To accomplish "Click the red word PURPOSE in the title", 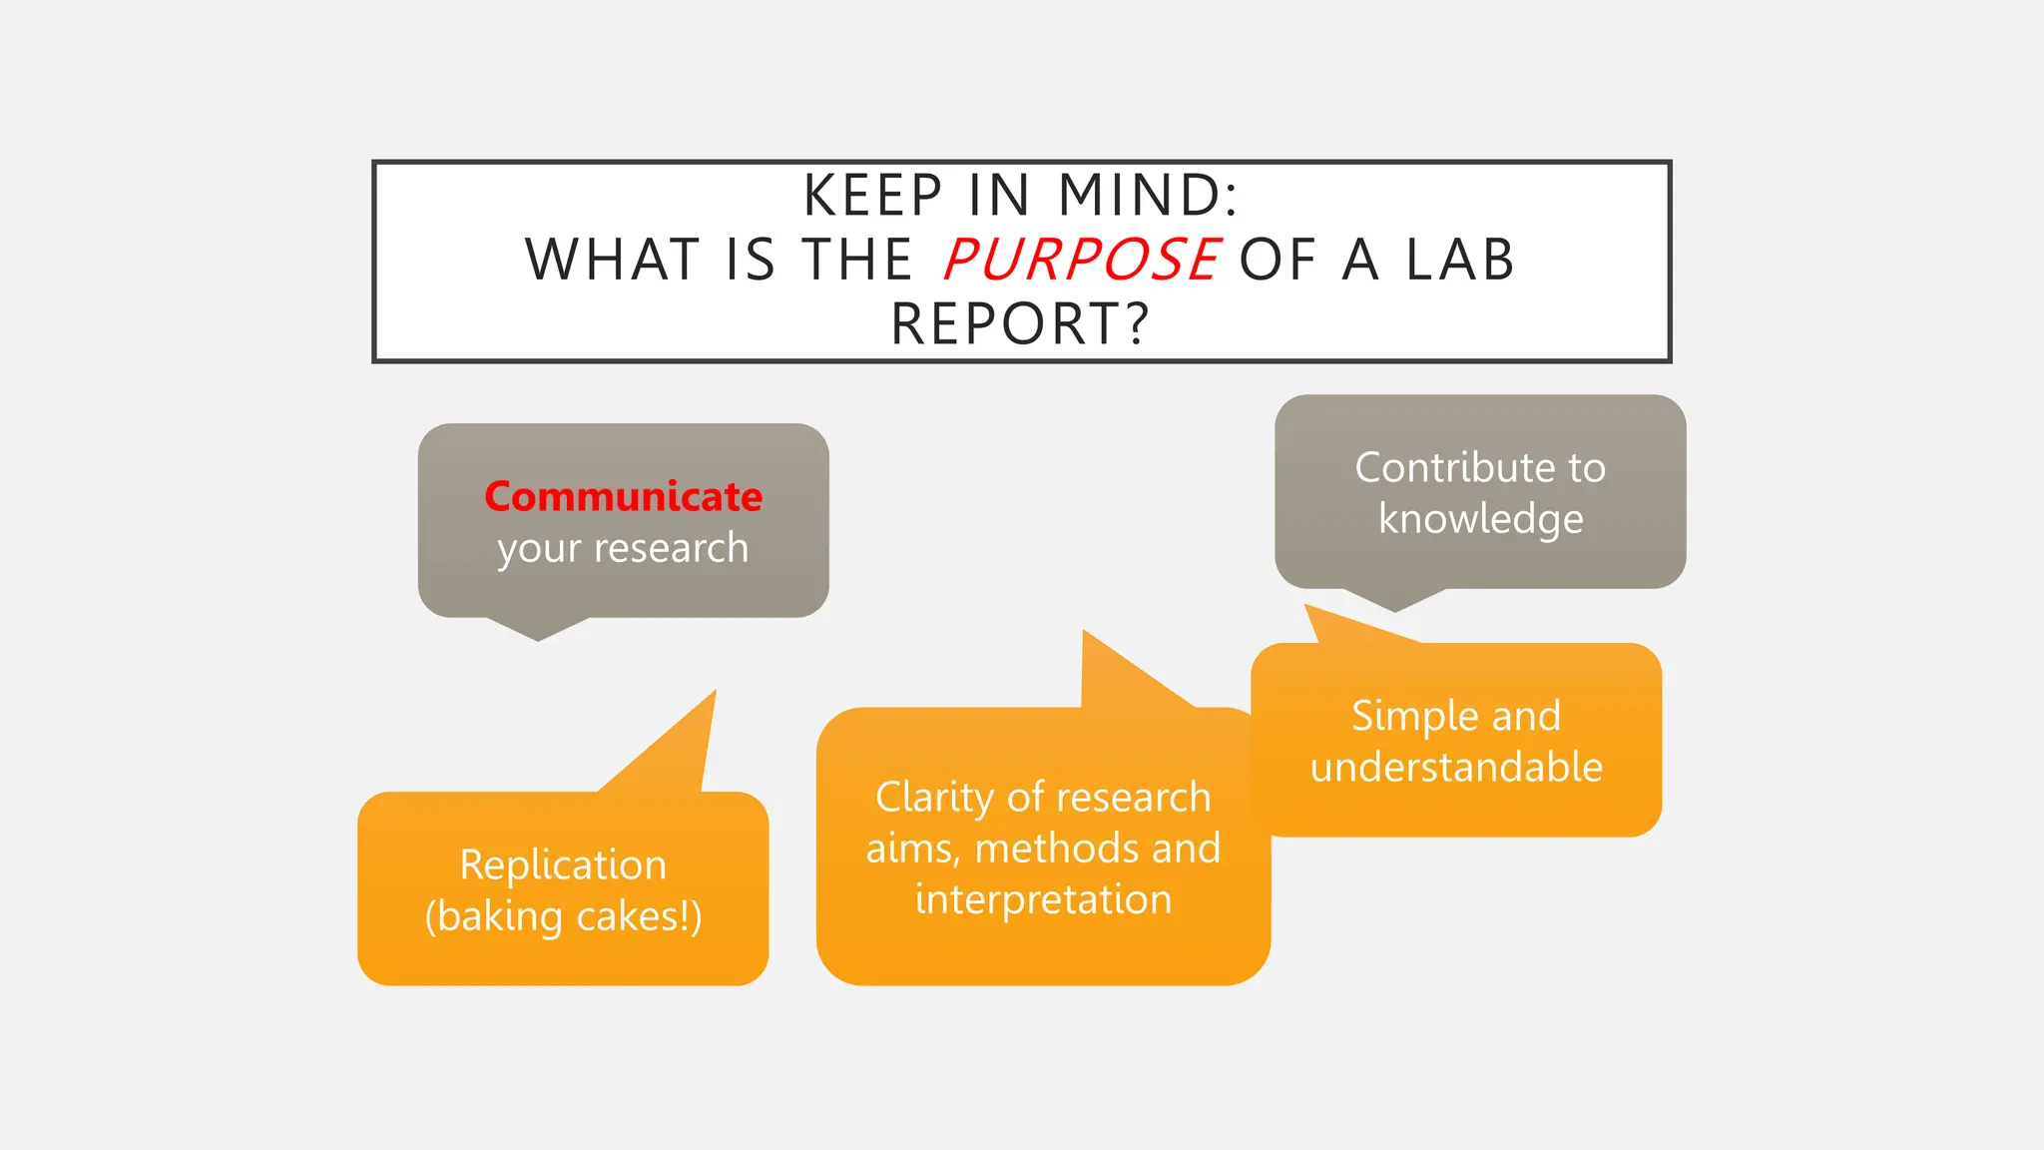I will (x=1081, y=260).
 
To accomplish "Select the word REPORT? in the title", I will (x=1021, y=324).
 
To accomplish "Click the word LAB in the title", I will (x=1461, y=260).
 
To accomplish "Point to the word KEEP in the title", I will (x=873, y=195).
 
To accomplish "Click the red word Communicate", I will (x=623, y=496).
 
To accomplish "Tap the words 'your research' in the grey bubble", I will (x=623, y=548).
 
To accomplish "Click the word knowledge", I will (x=1480, y=519).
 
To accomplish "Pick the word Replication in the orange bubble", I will (x=563, y=864).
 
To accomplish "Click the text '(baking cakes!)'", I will (x=563, y=916).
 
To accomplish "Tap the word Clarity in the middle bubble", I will (x=934, y=797).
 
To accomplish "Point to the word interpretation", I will (x=1043, y=899).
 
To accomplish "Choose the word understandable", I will (x=1456, y=768).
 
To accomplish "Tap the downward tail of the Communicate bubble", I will (x=538, y=628).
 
